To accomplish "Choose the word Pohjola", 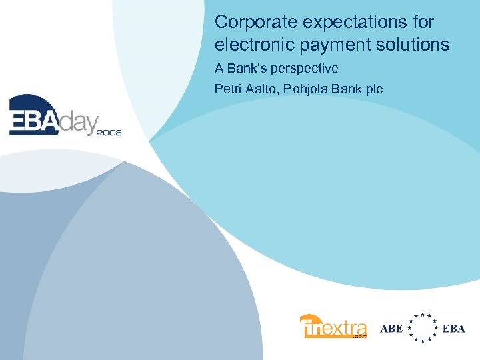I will click(307, 88).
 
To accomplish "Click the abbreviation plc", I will click(373, 88).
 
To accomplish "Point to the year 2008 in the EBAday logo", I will click(109, 133).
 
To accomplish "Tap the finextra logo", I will click(333, 327).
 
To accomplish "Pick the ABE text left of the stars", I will click(391, 328).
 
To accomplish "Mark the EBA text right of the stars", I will click(453, 328).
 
